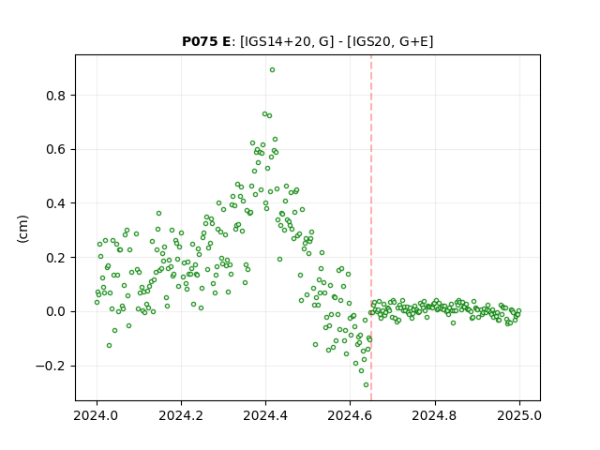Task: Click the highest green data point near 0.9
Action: (272, 70)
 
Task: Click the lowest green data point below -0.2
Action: (366, 385)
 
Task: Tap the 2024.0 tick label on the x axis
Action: (97, 415)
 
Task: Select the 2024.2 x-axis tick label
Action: (181, 415)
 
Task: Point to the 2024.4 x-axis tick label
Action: (265, 415)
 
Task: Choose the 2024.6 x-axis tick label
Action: (350, 415)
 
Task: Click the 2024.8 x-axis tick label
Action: (435, 415)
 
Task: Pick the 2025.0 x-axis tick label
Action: (519, 415)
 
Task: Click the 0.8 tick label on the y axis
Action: (56, 96)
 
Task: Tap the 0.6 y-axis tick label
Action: (56, 150)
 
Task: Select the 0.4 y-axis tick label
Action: (56, 203)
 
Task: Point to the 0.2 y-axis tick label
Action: (56, 258)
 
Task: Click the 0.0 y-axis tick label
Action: (56, 312)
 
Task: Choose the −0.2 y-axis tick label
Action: (51, 367)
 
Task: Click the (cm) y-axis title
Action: (22, 229)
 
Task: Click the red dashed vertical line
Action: (371, 228)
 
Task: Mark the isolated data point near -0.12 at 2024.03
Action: (109, 346)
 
